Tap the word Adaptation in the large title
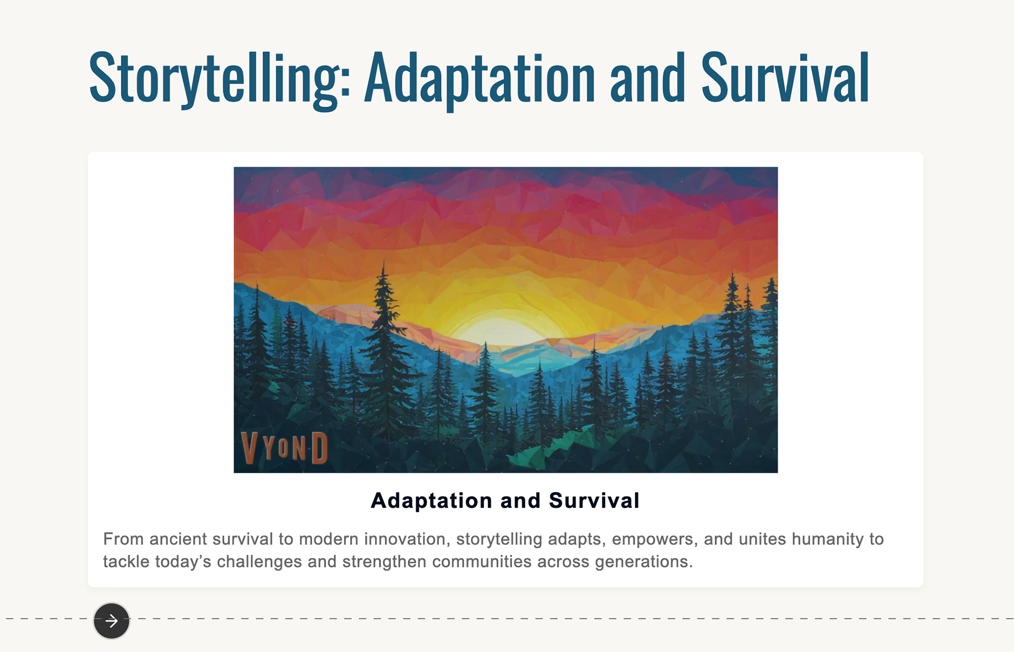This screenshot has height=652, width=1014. click(480, 79)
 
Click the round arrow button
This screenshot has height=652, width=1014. click(111, 621)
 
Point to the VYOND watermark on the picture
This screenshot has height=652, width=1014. click(285, 448)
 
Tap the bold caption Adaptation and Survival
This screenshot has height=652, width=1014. click(505, 500)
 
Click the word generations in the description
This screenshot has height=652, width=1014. click(644, 562)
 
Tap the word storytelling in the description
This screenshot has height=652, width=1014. click(499, 540)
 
